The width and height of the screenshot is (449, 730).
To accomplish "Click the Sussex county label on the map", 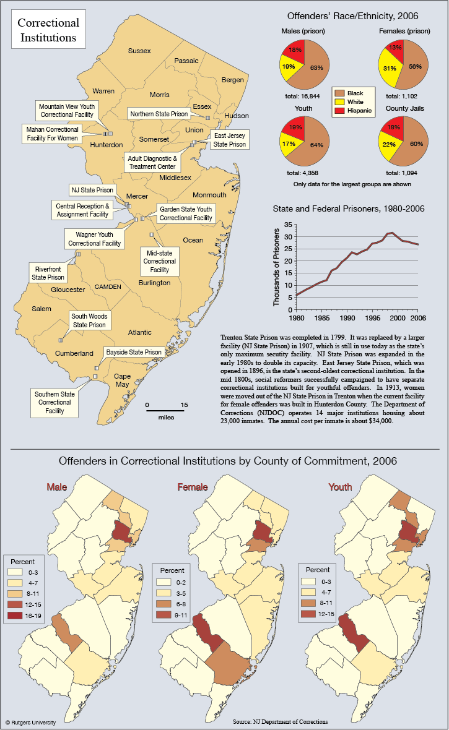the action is [x=139, y=51].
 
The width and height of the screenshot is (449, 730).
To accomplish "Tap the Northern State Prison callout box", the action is [x=159, y=114].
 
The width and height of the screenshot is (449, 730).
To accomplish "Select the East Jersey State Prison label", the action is [x=229, y=140].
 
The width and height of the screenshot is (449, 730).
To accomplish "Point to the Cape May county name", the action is [x=122, y=380].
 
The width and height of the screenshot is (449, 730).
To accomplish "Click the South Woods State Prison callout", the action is [x=90, y=320].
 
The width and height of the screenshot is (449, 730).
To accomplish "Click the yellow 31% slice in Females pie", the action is [x=388, y=69].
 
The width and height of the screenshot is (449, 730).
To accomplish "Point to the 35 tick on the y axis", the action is [x=288, y=225].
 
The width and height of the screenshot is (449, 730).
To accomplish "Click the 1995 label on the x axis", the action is [x=373, y=318].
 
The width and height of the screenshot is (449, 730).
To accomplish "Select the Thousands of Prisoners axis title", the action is [x=276, y=267].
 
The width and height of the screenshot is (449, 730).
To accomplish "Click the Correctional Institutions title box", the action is [x=48, y=30].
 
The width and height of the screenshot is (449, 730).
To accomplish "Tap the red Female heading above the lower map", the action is [x=193, y=487].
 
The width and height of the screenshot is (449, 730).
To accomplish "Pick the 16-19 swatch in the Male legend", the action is [x=15, y=616].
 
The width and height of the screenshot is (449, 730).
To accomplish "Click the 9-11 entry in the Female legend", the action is [x=172, y=615].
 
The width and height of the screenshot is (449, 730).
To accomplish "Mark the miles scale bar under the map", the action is [x=165, y=411].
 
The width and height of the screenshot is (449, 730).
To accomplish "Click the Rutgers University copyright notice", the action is [x=31, y=723].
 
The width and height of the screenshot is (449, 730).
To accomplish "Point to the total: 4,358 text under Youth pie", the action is [x=303, y=173].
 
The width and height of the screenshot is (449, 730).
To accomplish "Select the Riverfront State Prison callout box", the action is [x=48, y=273].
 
